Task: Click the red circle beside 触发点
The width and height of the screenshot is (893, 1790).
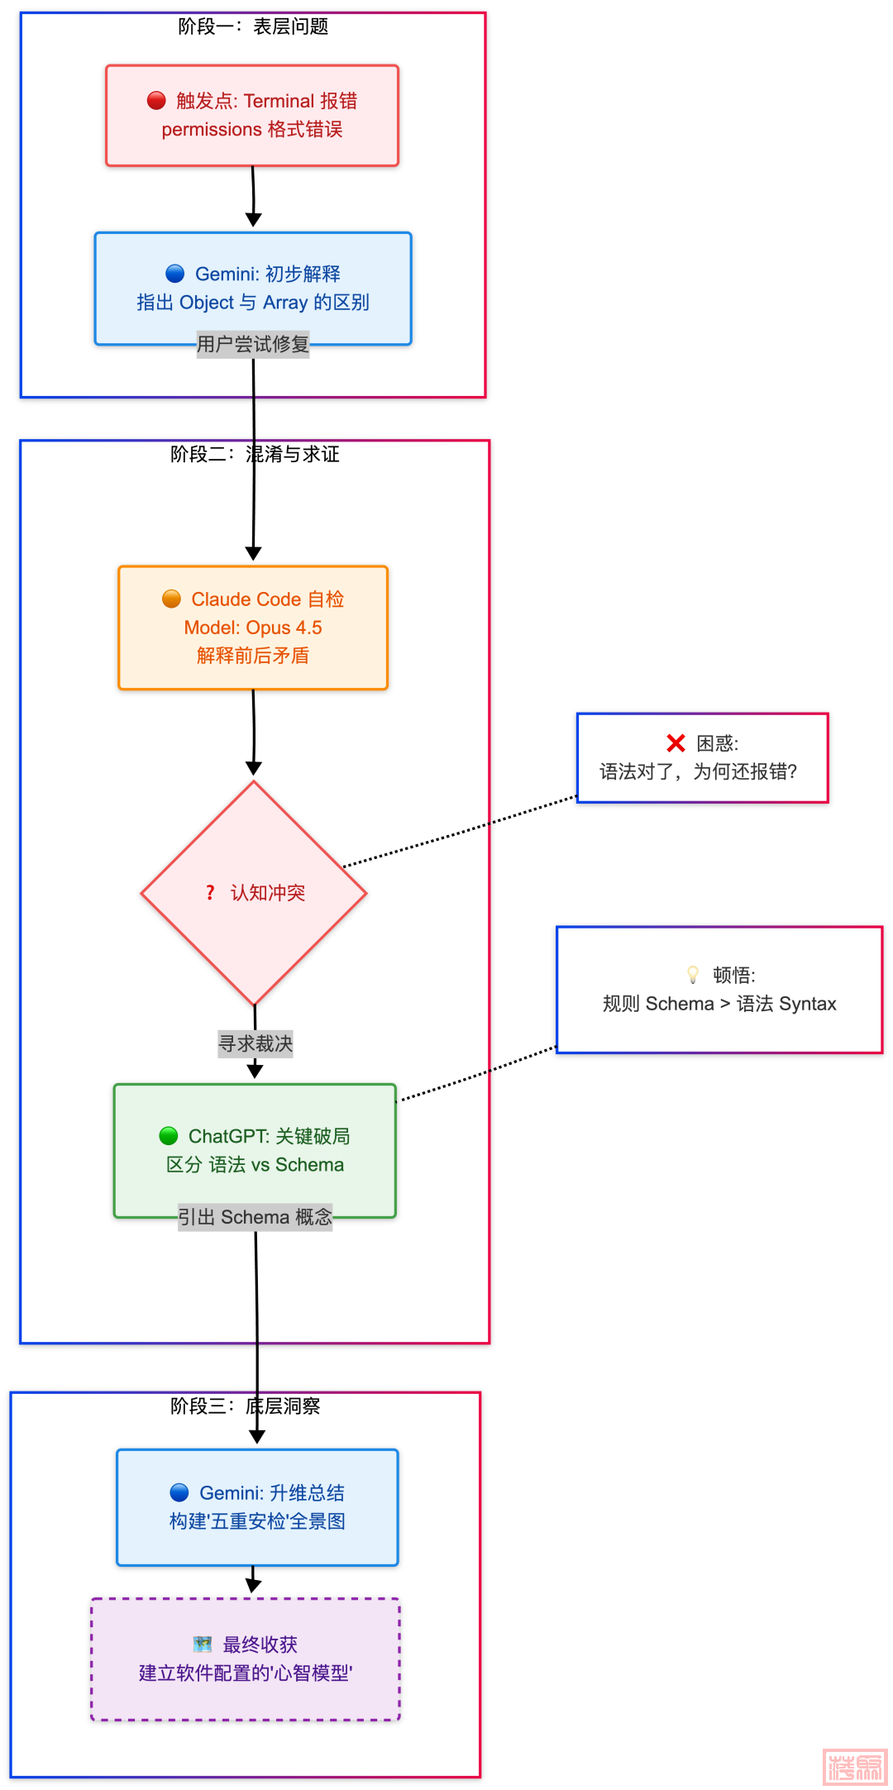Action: point(156,101)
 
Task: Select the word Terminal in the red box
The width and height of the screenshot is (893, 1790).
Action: point(279,101)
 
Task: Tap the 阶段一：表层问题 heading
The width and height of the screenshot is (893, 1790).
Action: point(253,27)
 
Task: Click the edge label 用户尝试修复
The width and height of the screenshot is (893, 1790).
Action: point(253,344)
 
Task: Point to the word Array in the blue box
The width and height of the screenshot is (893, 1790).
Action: point(285,303)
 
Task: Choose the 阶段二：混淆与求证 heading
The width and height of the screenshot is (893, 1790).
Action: point(255,454)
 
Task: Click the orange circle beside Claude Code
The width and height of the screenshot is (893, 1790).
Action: point(171,599)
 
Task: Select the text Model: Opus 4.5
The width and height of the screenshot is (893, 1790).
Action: point(253,628)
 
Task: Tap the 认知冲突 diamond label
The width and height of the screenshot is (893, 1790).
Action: point(267,893)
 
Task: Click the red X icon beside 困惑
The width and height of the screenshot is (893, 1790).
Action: point(676,743)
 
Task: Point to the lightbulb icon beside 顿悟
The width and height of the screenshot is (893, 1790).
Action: point(693,975)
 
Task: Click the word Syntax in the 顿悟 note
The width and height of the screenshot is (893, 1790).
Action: point(808,1004)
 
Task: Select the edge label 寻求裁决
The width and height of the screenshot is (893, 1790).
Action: point(255,1043)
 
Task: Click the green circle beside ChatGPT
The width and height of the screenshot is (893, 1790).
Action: point(169,1136)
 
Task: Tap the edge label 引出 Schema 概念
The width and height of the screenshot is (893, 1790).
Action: point(255,1217)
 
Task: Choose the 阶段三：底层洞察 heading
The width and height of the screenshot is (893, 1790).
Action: point(246,1406)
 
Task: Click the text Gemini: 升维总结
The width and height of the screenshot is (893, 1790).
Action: point(271,1492)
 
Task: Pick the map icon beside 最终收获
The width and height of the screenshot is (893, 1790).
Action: point(202,1644)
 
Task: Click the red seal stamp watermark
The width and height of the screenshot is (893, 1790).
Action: point(855,1767)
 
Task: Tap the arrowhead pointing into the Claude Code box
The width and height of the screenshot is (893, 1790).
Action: point(253,553)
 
